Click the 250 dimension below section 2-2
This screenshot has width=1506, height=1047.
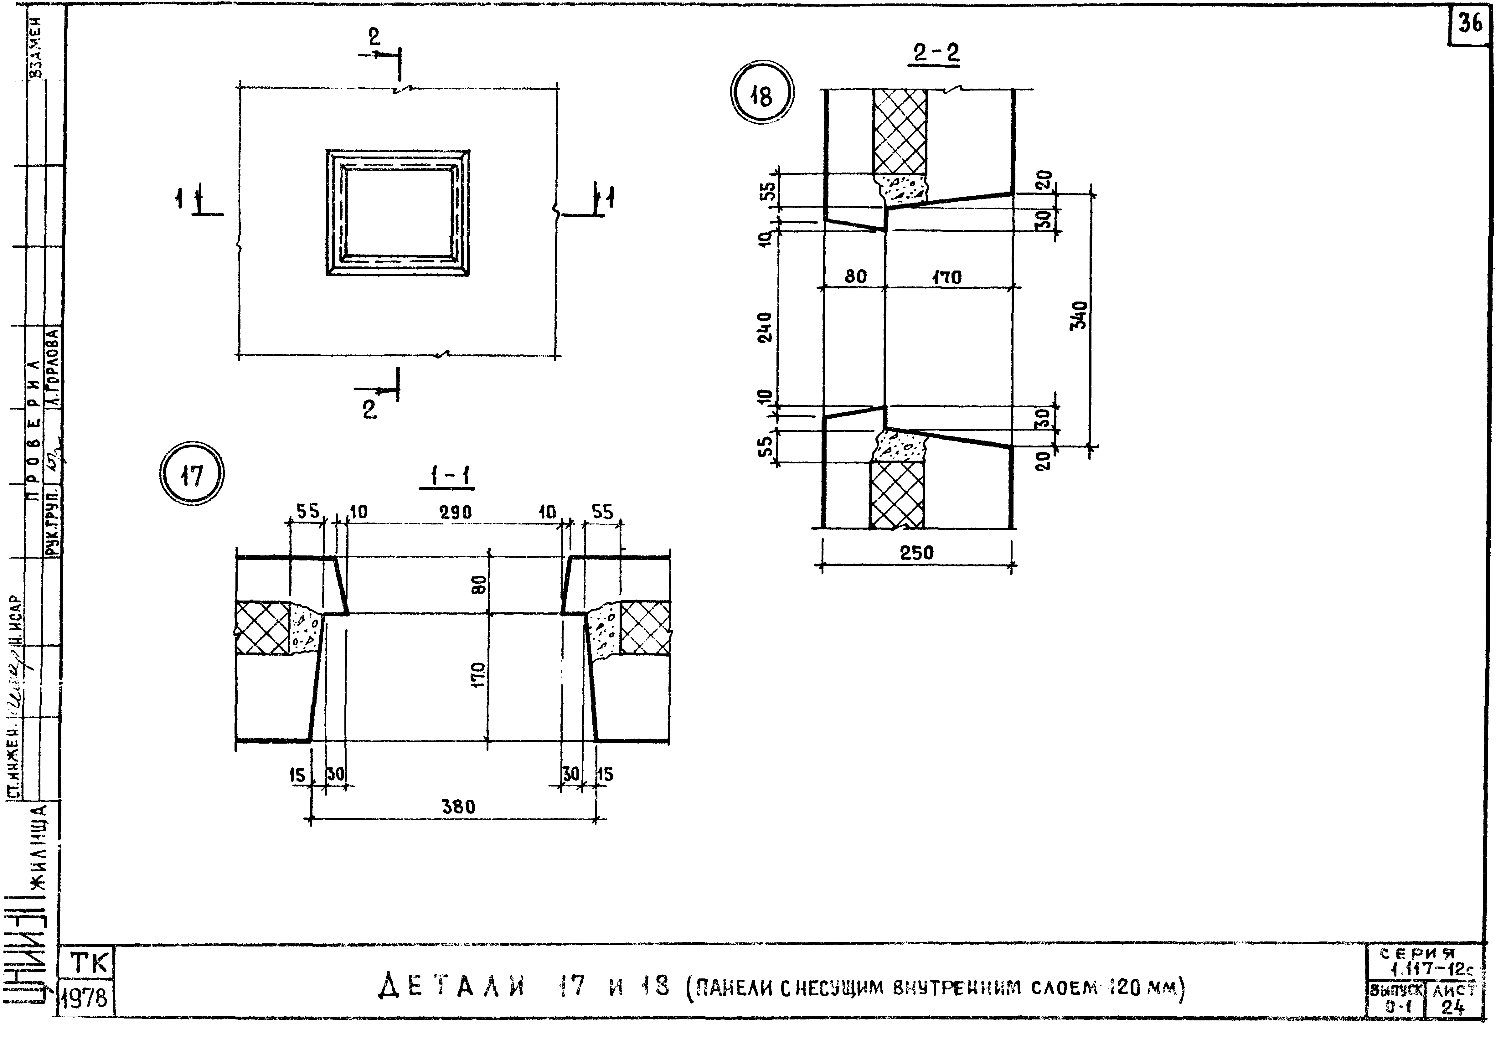point(916,552)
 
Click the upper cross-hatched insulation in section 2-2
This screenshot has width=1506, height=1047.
point(900,131)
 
